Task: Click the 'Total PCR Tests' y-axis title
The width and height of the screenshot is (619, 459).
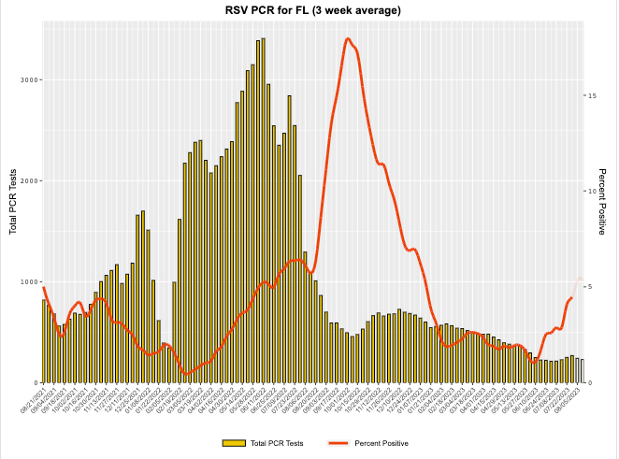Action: click(13, 202)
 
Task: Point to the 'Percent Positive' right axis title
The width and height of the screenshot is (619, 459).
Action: click(602, 202)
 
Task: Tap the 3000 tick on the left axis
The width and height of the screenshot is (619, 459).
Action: click(29, 79)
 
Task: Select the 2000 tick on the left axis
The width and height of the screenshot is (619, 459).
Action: click(29, 180)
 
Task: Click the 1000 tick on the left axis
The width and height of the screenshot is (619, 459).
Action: click(29, 281)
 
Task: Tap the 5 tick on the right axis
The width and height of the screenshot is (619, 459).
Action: click(590, 287)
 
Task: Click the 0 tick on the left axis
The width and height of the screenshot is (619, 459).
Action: click(35, 382)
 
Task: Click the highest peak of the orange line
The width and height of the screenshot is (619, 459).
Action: click(348, 38)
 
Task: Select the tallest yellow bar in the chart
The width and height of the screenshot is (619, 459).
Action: click(264, 210)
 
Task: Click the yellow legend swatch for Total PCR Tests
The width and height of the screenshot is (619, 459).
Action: click(233, 443)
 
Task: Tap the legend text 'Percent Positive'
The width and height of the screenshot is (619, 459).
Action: click(381, 443)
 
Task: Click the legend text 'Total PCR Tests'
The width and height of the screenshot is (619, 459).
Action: click(278, 443)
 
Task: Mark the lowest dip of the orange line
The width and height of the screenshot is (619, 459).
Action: click(186, 373)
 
